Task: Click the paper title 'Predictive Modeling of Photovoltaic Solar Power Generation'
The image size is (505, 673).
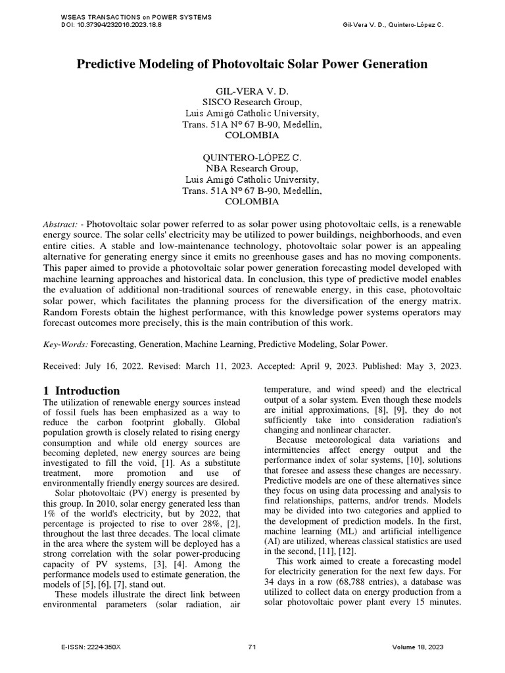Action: [252, 64]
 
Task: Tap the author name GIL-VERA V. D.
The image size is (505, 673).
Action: [252, 91]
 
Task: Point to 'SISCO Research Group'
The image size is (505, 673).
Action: [252, 102]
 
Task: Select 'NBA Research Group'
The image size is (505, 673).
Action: [252, 168]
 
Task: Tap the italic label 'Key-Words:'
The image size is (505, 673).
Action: [65, 343]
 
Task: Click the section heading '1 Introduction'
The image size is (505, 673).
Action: [82, 390]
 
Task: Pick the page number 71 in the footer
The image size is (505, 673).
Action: [252, 647]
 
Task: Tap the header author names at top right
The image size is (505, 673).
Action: [394, 24]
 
